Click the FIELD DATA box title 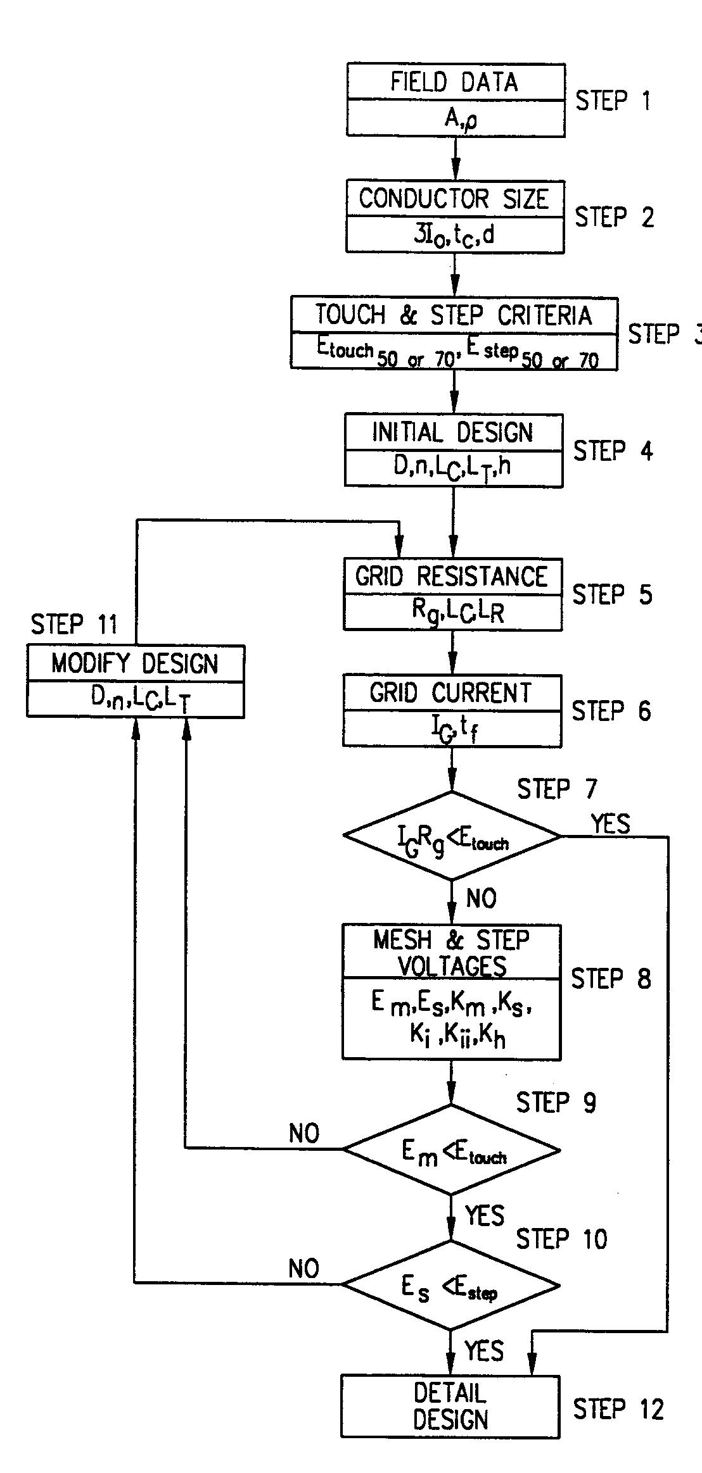click(454, 82)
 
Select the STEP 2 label click(614, 217)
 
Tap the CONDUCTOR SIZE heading click(454, 199)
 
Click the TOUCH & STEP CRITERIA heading click(454, 315)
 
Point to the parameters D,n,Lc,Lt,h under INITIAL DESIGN click(452, 467)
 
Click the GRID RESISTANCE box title click(452, 577)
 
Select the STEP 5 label click(612, 594)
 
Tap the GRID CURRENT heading click(451, 693)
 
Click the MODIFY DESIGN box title click(135, 663)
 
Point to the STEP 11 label click(74, 624)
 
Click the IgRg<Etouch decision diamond click(452, 837)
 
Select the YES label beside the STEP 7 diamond click(610, 824)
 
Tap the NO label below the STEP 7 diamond click(481, 898)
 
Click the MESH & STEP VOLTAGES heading click(451, 953)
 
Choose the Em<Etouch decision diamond click(451, 1150)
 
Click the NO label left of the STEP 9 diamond click(304, 1134)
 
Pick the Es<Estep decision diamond click(450, 1285)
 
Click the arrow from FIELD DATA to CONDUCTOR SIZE click(455, 158)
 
